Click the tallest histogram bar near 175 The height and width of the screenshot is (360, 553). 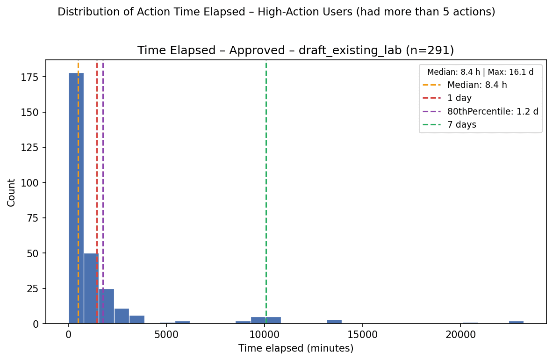pos(76,198)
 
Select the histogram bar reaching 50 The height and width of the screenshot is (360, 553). pos(91,288)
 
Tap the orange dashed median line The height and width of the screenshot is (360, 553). pos(78,193)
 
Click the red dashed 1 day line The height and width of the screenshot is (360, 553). pos(97,193)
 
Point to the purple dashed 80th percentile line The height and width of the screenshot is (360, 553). pos(103,193)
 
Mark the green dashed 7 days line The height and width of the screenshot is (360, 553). pos(266,193)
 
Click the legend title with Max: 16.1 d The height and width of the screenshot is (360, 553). pos(481,72)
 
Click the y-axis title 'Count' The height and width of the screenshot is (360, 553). pos(11,193)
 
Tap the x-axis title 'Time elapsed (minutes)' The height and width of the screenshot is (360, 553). pos(296,349)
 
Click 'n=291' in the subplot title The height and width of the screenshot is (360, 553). pos(427,51)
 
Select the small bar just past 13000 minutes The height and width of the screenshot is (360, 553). pos(334,321)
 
